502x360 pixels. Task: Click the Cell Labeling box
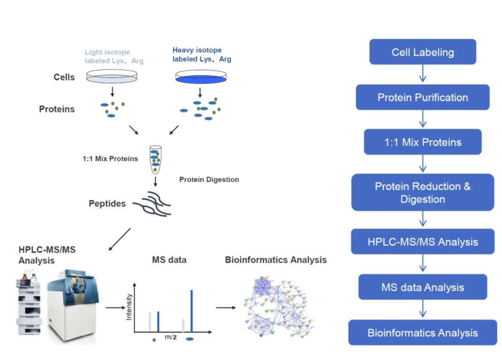(422, 52)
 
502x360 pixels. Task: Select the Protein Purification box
(422, 97)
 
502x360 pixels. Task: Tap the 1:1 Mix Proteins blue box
(422, 142)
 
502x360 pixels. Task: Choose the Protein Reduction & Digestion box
(422, 193)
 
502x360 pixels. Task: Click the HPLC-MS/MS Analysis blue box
(422, 242)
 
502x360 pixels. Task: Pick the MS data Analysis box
(422, 287)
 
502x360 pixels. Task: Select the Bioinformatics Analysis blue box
(422, 333)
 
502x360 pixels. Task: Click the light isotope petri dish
(113, 77)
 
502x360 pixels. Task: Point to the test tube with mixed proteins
(155, 159)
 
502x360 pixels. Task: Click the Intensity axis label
(129, 307)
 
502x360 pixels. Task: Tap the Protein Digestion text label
(209, 180)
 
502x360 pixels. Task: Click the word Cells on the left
(64, 77)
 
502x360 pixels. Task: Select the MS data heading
(169, 260)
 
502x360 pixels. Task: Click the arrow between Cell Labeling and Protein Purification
(423, 74)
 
